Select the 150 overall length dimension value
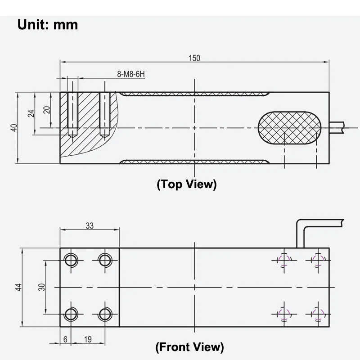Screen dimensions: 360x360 tap(194, 58)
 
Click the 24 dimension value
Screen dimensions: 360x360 tap(31, 113)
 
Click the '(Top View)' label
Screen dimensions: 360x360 tap(186, 184)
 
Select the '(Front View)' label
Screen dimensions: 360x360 tap(189, 346)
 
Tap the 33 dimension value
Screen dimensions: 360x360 tap(89, 225)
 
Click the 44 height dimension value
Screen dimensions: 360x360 tap(18, 287)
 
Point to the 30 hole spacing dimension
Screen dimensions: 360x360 tap(42, 287)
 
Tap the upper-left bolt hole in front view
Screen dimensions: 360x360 tap(71, 260)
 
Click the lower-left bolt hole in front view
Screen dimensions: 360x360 tap(71, 313)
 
